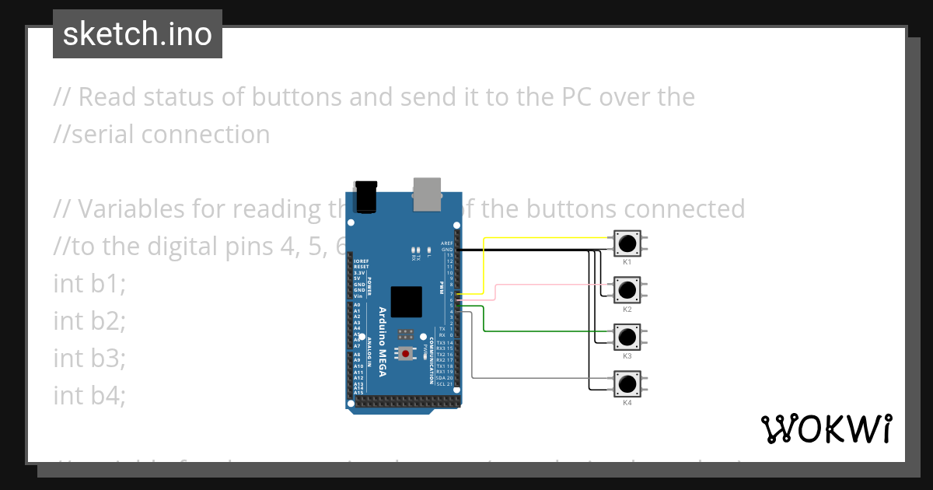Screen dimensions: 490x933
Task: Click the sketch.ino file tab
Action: point(138,34)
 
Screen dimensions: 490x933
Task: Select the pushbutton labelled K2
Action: point(627,290)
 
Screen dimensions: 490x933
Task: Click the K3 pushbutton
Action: point(627,337)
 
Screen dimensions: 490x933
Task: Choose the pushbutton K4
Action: point(627,383)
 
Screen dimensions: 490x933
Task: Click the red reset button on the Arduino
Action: point(405,354)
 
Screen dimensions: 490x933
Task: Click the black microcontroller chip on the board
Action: point(407,302)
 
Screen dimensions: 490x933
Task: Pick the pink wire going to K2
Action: point(544,285)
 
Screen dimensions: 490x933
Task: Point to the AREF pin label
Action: point(446,243)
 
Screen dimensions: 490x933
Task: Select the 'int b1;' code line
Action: point(89,284)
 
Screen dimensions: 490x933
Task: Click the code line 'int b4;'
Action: point(89,396)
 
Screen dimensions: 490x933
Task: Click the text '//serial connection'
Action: point(162,135)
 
